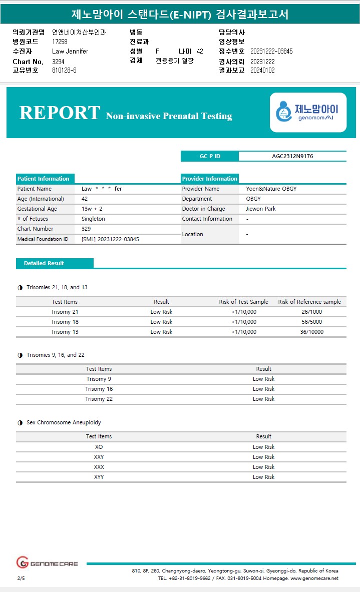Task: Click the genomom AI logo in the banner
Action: pyautogui.click(x=308, y=112)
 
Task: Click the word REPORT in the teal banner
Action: pyautogui.click(x=60, y=113)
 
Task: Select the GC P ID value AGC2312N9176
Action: pyautogui.click(x=292, y=156)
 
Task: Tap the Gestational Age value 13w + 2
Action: pyautogui.click(x=92, y=209)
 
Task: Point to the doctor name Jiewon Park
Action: pyautogui.click(x=261, y=209)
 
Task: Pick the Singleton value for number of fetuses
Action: pyautogui.click(x=93, y=219)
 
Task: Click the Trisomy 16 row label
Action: pyautogui.click(x=99, y=389)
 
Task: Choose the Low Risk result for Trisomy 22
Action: pyautogui.click(x=263, y=399)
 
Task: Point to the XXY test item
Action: pyautogui.click(x=99, y=457)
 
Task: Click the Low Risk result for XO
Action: pyautogui.click(x=263, y=447)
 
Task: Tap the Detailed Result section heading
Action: pyautogui.click(x=44, y=263)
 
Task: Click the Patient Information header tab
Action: pyautogui.click(x=44, y=179)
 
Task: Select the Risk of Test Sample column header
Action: pyautogui.click(x=243, y=302)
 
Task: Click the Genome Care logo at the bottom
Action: pyautogui.click(x=47, y=563)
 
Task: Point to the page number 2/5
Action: pyautogui.click(x=21, y=578)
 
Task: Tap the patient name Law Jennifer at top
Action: pyautogui.click(x=70, y=51)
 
